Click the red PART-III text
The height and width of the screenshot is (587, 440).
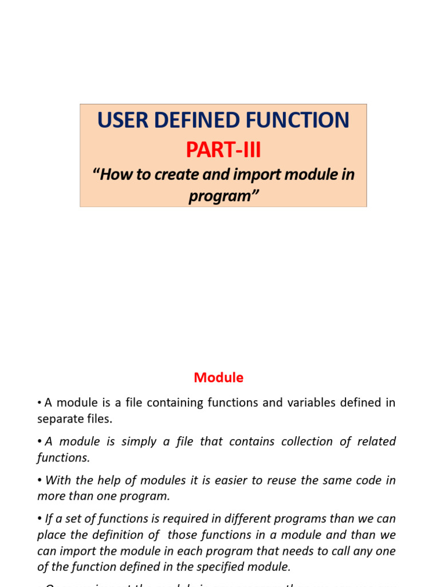223,150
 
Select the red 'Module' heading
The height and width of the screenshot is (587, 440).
218,378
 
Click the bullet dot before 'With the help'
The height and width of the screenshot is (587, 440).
40,480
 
